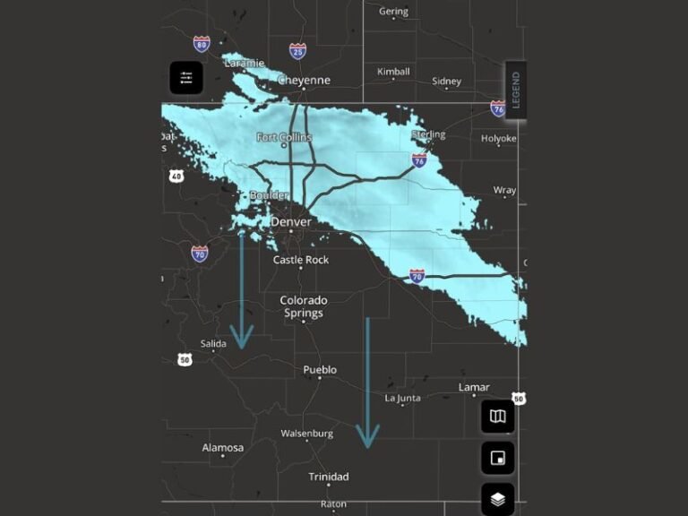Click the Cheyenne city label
tap(304, 81)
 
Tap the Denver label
tap(291, 222)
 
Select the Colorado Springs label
tap(303, 307)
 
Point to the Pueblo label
tap(320, 370)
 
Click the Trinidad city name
tap(328, 477)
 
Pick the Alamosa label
tap(222, 448)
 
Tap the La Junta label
tap(402, 398)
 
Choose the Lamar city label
tap(474, 388)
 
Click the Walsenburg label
tap(306, 434)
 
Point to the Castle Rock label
tap(301, 260)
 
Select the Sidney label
tap(446, 82)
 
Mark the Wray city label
tap(504, 191)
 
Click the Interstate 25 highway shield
tap(297, 51)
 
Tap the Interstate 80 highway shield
tap(202, 43)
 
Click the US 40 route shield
tap(176, 176)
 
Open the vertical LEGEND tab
tap(515, 90)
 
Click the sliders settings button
tap(186, 78)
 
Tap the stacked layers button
tap(497, 499)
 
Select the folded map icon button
tap(497, 417)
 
